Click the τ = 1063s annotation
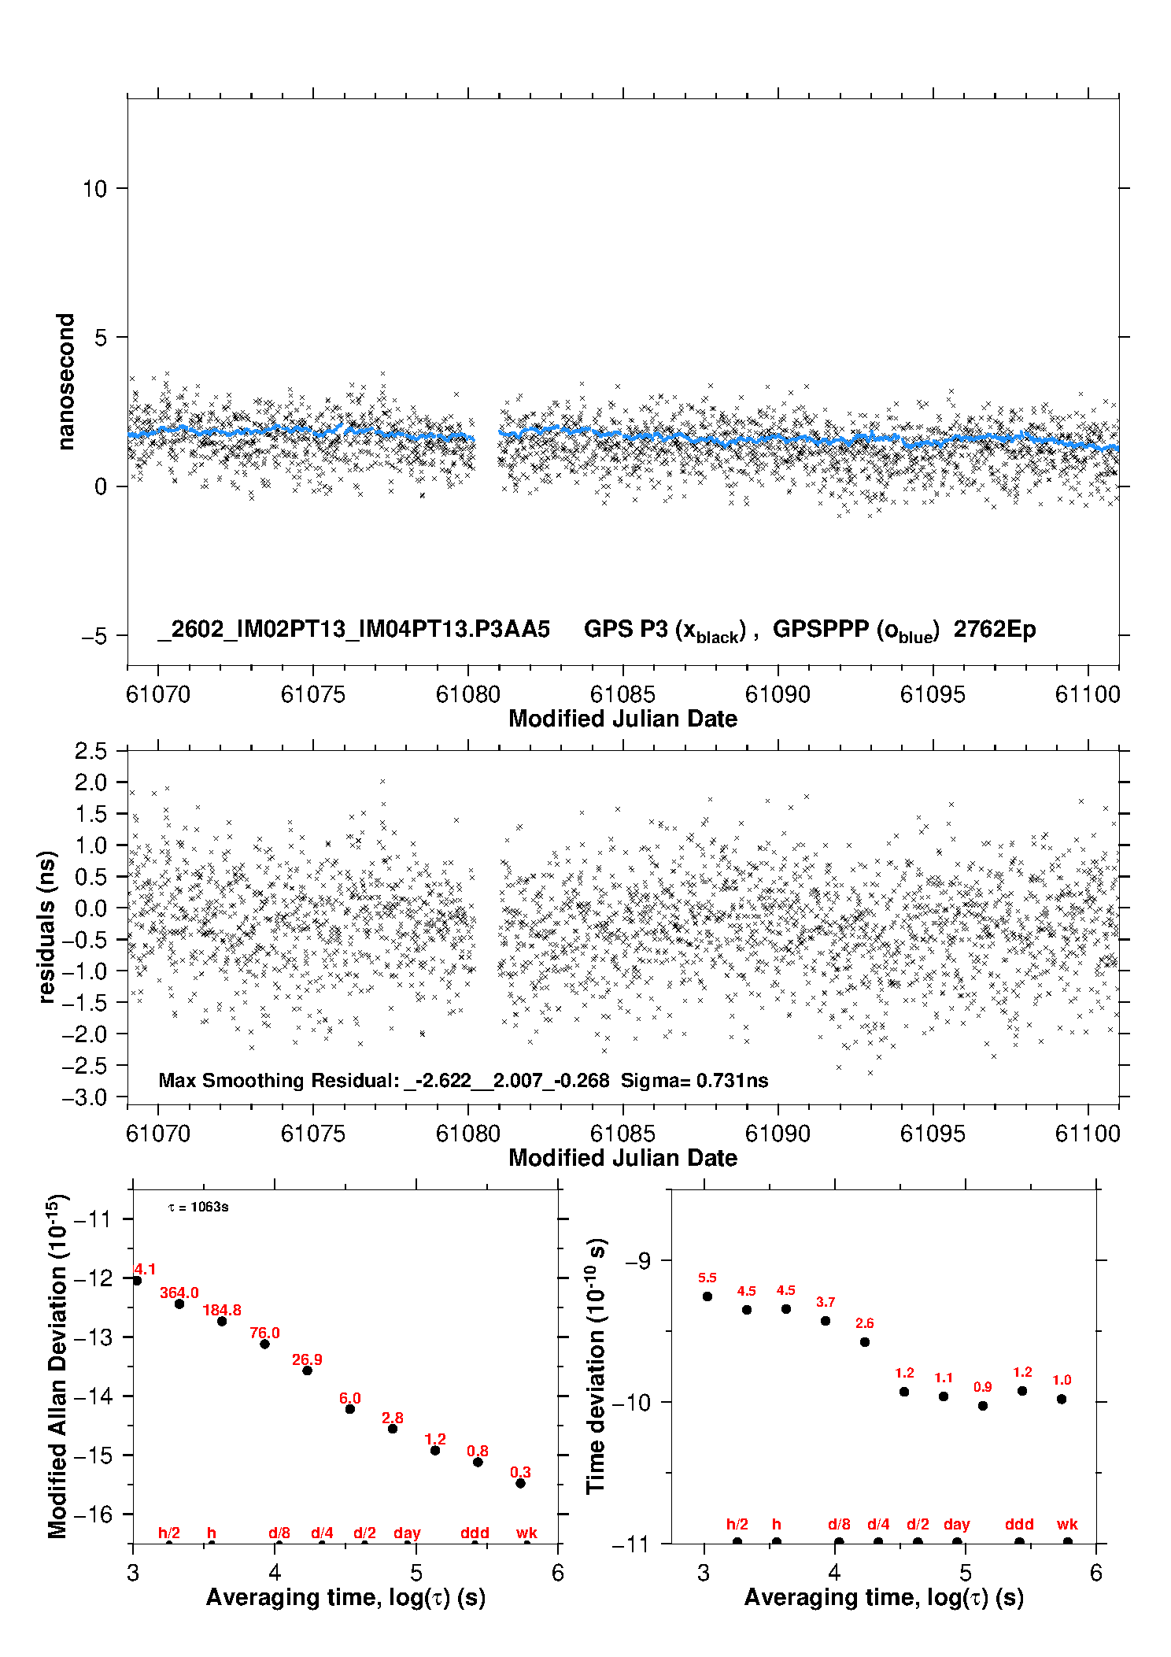point(198,1207)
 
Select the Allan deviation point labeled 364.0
point(179,1304)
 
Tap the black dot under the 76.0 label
point(264,1344)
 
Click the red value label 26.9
point(307,1359)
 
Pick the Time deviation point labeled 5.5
point(707,1296)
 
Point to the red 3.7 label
point(826,1302)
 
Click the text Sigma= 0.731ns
point(694,1080)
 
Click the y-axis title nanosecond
point(66,381)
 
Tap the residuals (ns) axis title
point(47,927)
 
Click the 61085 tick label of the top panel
point(622,694)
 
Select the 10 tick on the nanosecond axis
point(94,189)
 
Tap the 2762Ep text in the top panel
point(995,629)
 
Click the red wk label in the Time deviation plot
point(1067,1524)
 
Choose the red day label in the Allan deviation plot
point(407,1533)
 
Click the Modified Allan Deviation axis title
point(57,1366)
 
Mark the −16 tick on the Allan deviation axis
point(93,1514)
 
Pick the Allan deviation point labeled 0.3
point(520,1483)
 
